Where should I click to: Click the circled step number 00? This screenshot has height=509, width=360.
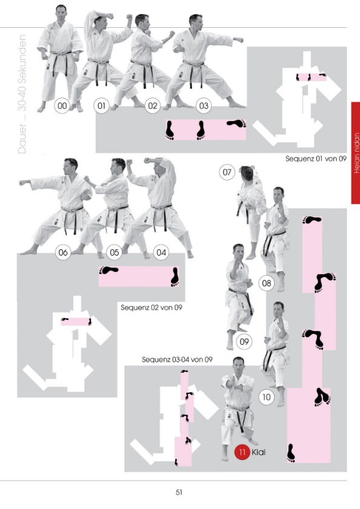[x=62, y=105]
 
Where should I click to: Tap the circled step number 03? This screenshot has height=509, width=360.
[x=204, y=105]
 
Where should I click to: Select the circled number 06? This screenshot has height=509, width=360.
[x=63, y=252]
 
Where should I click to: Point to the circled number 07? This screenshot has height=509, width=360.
[x=227, y=171]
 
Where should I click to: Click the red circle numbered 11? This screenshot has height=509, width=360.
[x=242, y=452]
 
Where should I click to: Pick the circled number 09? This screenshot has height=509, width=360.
[x=244, y=342]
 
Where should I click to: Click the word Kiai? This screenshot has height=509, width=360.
[x=259, y=452]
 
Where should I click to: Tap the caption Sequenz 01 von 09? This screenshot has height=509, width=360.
[x=316, y=159]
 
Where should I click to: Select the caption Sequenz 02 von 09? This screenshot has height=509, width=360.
[x=152, y=307]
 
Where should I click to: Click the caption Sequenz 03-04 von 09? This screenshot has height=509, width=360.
[x=177, y=360]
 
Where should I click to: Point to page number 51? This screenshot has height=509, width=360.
[x=179, y=492]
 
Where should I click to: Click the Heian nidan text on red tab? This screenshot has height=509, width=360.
[x=356, y=153]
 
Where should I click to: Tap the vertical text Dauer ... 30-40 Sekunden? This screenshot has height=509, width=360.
[x=22, y=94]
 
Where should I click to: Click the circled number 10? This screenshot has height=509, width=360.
[x=267, y=397]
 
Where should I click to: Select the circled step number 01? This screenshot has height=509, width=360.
[x=102, y=105]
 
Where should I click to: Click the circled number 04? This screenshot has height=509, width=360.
[x=161, y=252]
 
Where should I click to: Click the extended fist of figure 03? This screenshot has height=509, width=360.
[x=239, y=40]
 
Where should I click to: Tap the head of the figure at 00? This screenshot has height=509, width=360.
[x=61, y=12]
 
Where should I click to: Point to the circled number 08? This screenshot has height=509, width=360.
[x=267, y=283]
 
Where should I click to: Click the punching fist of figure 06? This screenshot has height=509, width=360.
[x=22, y=182]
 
